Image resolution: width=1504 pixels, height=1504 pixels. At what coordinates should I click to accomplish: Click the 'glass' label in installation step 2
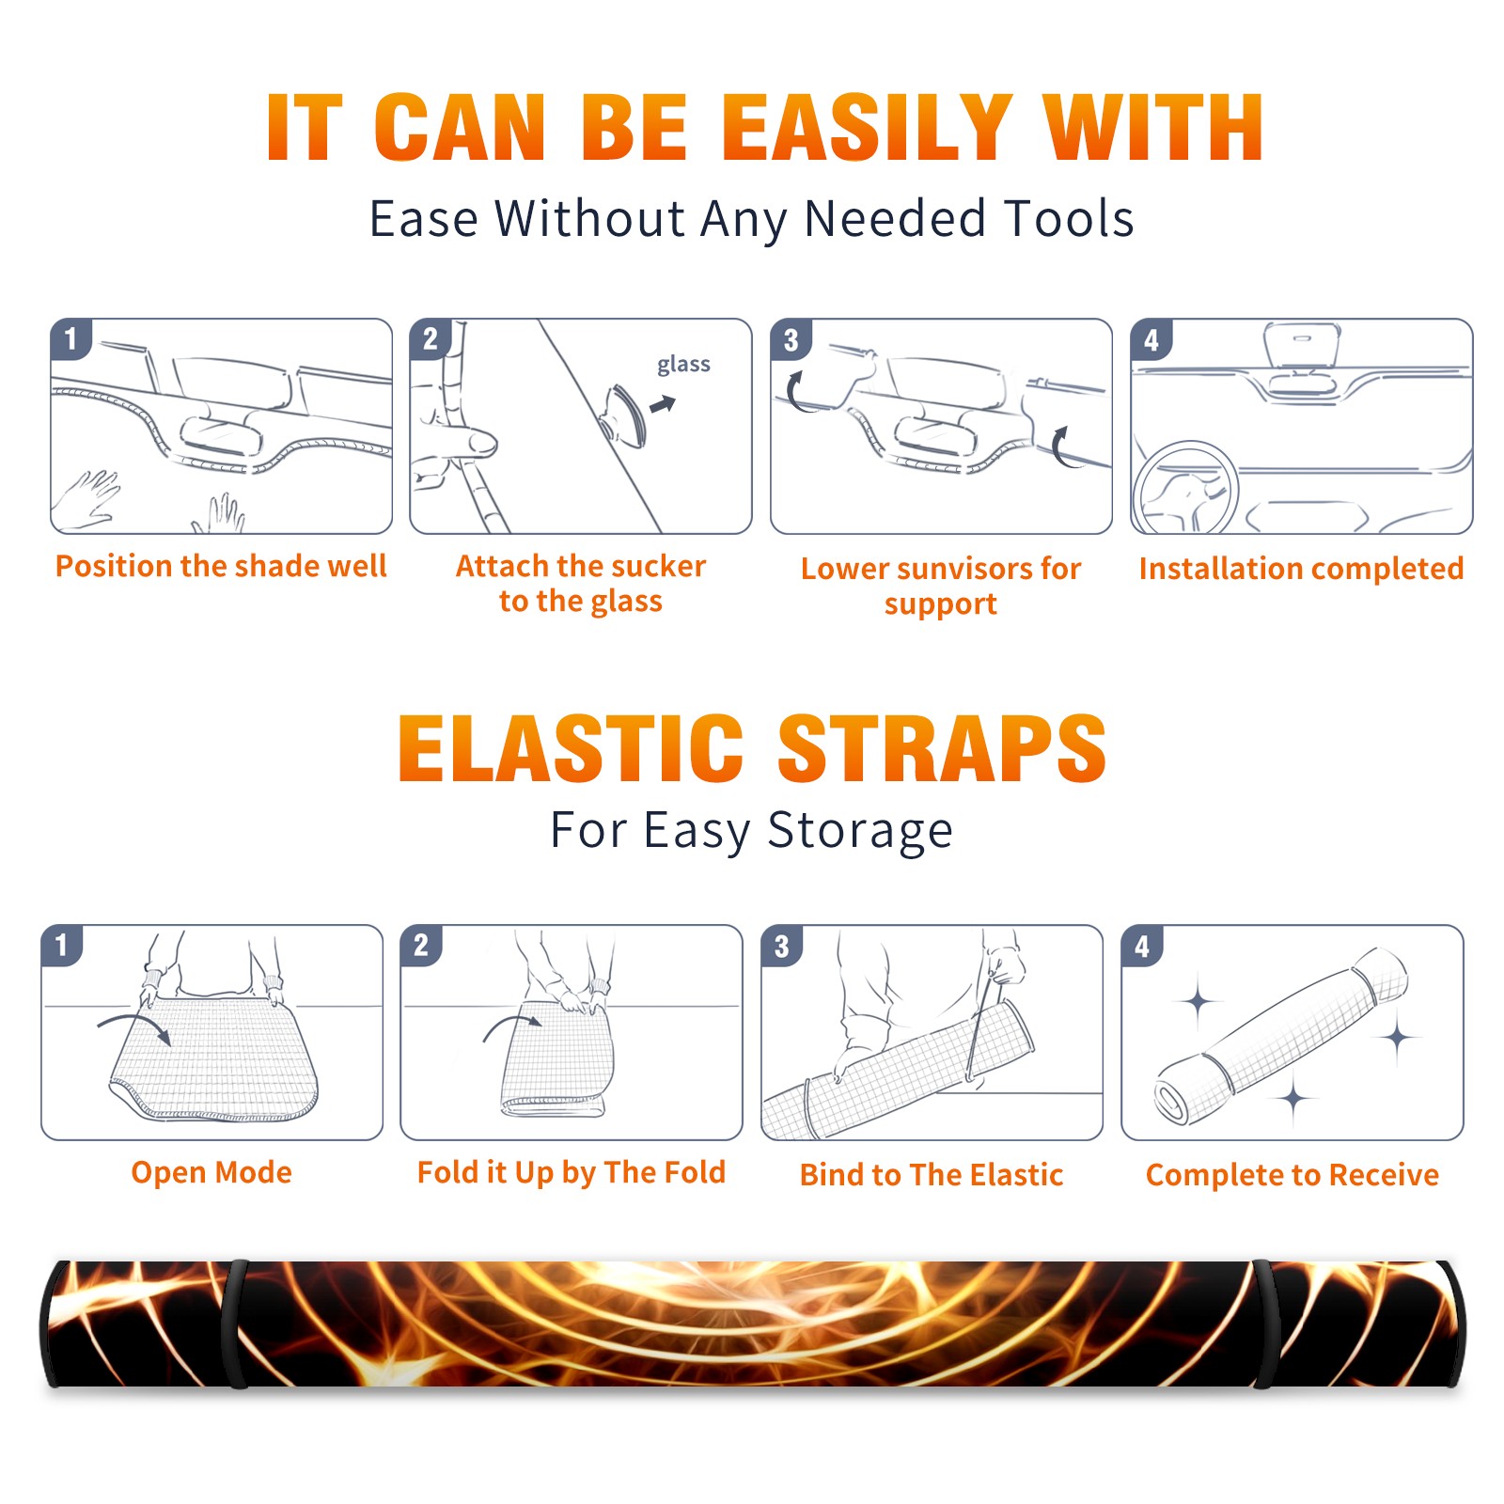(x=683, y=364)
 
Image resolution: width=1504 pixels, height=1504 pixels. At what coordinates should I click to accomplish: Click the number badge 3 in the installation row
(x=791, y=339)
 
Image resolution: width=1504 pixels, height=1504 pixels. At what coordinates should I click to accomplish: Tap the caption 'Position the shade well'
(x=221, y=566)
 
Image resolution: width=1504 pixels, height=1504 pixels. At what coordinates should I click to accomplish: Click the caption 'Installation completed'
(x=1301, y=568)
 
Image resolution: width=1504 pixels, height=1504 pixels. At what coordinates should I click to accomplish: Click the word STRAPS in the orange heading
(x=942, y=748)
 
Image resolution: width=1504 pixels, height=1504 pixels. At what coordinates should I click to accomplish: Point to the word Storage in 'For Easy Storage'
(x=860, y=831)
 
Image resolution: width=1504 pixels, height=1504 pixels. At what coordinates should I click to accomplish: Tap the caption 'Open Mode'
(x=211, y=1172)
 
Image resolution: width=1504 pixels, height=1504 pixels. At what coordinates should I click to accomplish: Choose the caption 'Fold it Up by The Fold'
(x=572, y=1172)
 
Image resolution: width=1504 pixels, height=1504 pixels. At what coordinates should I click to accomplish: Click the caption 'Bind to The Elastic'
(x=932, y=1175)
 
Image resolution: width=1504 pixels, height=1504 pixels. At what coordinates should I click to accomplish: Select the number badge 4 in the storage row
(x=1142, y=946)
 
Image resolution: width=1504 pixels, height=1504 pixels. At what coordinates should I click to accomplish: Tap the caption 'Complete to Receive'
(x=1292, y=1175)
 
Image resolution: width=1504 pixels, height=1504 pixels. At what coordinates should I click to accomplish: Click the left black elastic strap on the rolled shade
(x=235, y=1324)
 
